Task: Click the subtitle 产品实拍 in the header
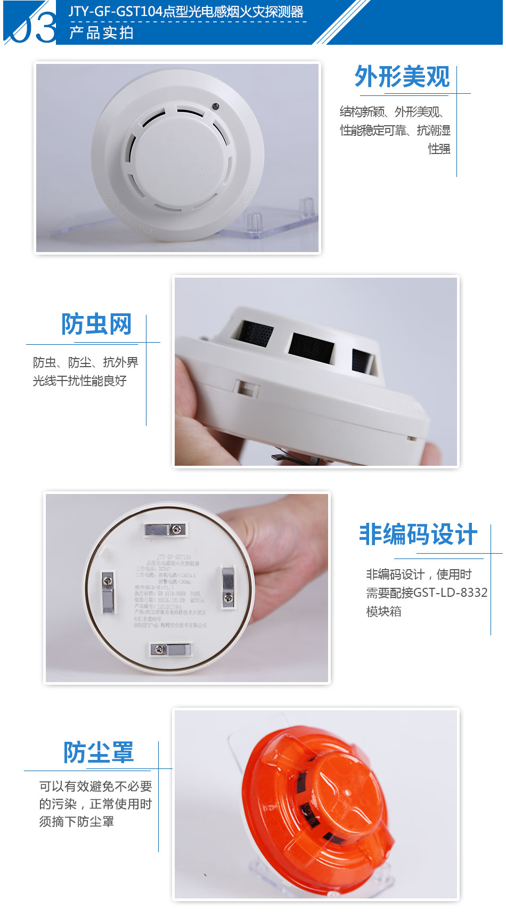pyautogui.click(x=101, y=33)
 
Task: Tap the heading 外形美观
pyautogui.click(x=402, y=77)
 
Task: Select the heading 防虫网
pyautogui.click(x=96, y=324)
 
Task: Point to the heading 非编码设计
pyautogui.click(x=418, y=535)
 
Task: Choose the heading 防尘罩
pyautogui.click(x=99, y=752)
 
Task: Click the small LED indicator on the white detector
pyautogui.click(x=215, y=106)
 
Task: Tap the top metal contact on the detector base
pyautogui.click(x=165, y=529)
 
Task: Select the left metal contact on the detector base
pyautogui.click(x=108, y=592)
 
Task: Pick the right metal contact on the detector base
pyautogui.click(x=228, y=585)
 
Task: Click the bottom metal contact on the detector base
pyautogui.click(x=170, y=649)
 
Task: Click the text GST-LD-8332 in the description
pyautogui.click(x=450, y=593)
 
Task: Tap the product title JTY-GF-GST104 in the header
pyautogui.click(x=115, y=12)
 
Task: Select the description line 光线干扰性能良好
pyautogui.click(x=80, y=381)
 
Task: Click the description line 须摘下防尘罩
pyautogui.click(x=77, y=822)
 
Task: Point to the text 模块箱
pyautogui.click(x=383, y=611)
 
